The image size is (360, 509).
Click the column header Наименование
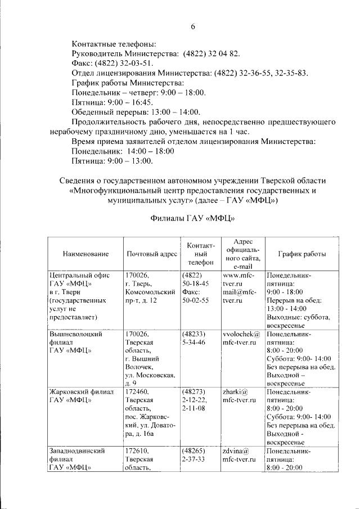[x=85, y=254]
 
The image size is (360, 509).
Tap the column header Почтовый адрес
[x=152, y=254]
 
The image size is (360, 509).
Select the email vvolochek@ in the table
[x=241, y=334]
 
